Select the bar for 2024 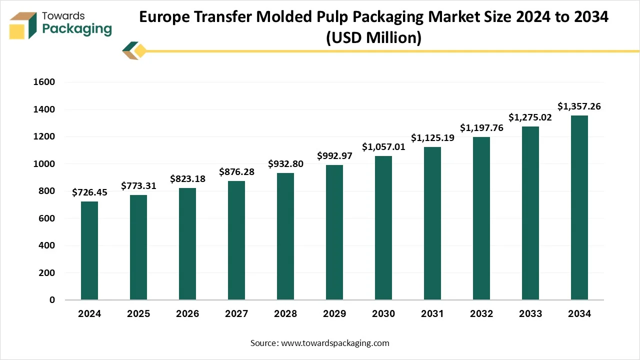click(89, 250)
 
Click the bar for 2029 click(334, 232)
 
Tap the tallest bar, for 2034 click(579, 207)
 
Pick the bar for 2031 click(432, 223)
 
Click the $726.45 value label click(89, 192)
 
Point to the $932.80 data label click(285, 163)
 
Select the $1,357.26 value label click(579, 106)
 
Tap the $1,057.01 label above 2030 click(383, 146)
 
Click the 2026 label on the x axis click(187, 314)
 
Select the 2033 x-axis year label click(530, 314)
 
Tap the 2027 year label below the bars click(236, 314)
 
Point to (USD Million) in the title click(373, 37)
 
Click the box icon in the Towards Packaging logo click(23, 26)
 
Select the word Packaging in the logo click(77, 29)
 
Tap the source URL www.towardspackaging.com click(334, 343)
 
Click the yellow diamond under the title click(140, 50)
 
